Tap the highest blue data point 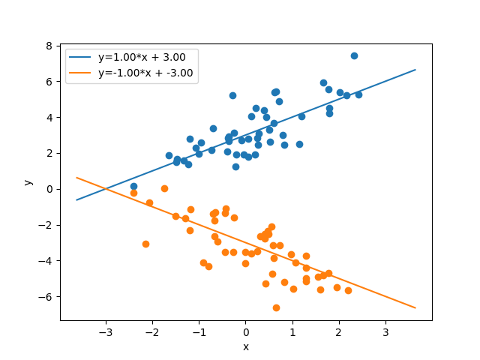(x=354, y=55)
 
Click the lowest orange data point (x=276, y=307)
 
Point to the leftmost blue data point (x=133, y=186)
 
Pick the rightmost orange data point (x=348, y=290)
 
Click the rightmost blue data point (x=358, y=94)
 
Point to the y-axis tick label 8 (x=49, y=45)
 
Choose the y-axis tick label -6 (x=46, y=297)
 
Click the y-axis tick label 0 (x=49, y=189)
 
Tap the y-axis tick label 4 (x=49, y=117)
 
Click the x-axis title (x=245, y=346)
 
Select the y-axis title (x=28, y=181)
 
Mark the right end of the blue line (x=415, y=70)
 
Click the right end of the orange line (x=415, y=308)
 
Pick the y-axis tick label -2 (x=46, y=225)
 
